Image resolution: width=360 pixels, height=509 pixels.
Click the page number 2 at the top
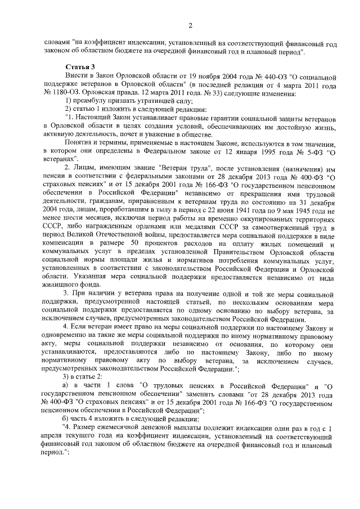pyautogui.click(x=191, y=25)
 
